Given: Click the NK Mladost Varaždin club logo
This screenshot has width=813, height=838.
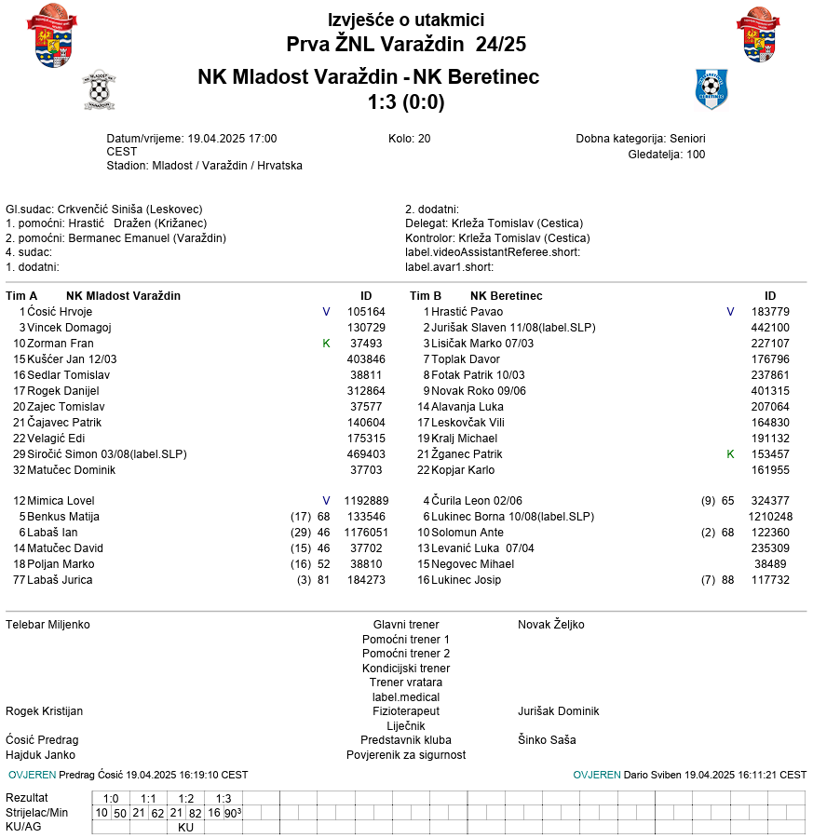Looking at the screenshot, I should tap(99, 89).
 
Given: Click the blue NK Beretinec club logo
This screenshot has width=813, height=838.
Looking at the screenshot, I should tap(711, 89).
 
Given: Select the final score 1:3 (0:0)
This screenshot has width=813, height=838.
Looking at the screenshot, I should tap(406, 102).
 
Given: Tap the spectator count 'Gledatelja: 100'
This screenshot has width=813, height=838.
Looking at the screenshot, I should tap(667, 155).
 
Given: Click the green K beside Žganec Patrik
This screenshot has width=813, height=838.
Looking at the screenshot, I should tap(730, 454).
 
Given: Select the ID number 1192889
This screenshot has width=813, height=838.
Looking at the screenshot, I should tap(366, 501).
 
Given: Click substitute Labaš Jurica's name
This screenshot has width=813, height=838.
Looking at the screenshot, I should tap(60, 580).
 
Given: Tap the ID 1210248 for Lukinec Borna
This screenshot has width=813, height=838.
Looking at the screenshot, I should tap(770, 517).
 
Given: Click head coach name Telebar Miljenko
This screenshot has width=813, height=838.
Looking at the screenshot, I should tap(48, 625).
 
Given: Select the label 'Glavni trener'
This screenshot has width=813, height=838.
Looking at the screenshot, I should tap(406, 625).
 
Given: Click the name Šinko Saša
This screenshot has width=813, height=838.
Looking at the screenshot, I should tap(547, 740).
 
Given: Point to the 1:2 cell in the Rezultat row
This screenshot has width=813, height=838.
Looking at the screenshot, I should tap(186, 799).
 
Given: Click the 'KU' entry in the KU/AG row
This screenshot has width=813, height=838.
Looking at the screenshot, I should tap(186, 827).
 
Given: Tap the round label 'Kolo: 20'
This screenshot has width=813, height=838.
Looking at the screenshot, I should tap(410, 139).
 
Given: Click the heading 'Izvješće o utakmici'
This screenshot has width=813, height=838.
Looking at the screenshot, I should tap(406, 20).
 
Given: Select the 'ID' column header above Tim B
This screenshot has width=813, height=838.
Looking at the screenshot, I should tap(770, 296).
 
